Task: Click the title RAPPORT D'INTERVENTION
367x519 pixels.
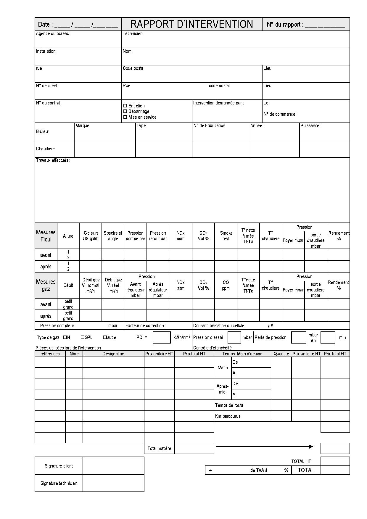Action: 191,24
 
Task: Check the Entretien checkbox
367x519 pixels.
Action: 125,106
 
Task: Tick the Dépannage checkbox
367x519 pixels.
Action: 125,111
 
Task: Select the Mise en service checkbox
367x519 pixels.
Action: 125,117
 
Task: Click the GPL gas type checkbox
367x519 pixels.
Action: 83,337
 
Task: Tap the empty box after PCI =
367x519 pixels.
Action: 161,337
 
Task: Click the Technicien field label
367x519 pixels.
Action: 133,34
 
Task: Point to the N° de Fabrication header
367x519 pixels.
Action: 209,126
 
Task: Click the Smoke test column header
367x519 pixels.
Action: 226,236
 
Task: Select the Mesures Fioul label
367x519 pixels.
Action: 46,236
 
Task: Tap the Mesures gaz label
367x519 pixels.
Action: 46,285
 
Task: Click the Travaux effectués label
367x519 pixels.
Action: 53,160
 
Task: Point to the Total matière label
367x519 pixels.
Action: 159,448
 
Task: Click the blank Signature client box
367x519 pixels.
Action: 113,466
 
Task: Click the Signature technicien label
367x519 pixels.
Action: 59,483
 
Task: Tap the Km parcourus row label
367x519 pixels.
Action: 228,416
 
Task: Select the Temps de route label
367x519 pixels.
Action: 229,405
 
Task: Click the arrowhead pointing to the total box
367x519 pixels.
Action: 311,447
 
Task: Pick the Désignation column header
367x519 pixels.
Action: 113,354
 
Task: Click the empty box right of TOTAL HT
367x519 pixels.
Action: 335,461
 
